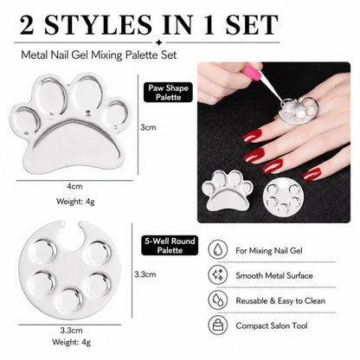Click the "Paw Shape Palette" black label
tap(168, 93)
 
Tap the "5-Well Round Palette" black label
tap(170, 246)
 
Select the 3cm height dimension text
tap(148, 127)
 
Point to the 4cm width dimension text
tap(74, 186)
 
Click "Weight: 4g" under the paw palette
tap(75, 202)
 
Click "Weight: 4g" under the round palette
tap(71, 342)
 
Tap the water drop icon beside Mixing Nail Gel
tap(218, 250)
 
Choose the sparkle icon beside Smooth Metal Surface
tap(218, 275)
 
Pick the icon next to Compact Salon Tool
tap(218, 325)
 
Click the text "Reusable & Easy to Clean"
tap(280, 301)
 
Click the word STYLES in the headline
tap(98, 25)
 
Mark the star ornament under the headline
tap(158, 42)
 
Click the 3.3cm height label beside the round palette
tap(145, 274)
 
